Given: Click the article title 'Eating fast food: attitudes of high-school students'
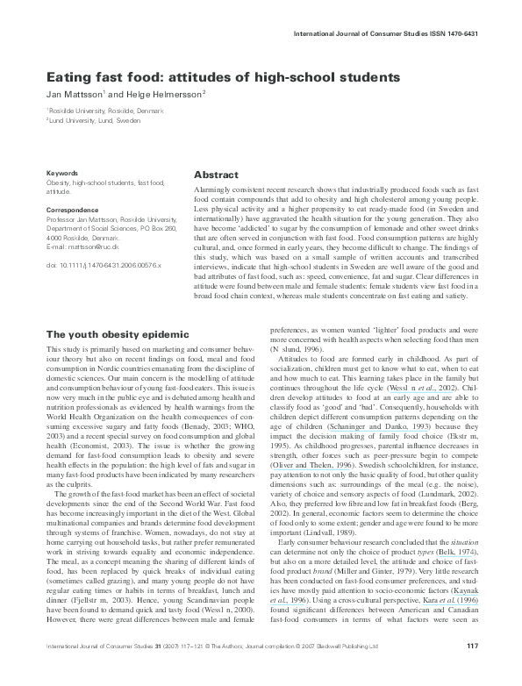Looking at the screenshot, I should pyautogui.click(x=223, y=77).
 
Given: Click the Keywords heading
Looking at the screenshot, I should pyautogui.click(x=61, y=173).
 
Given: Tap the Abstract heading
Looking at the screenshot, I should pyautogui.click(x=216, y=175).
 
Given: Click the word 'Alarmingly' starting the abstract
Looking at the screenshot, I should pyautogui.click(x=215, y=189).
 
